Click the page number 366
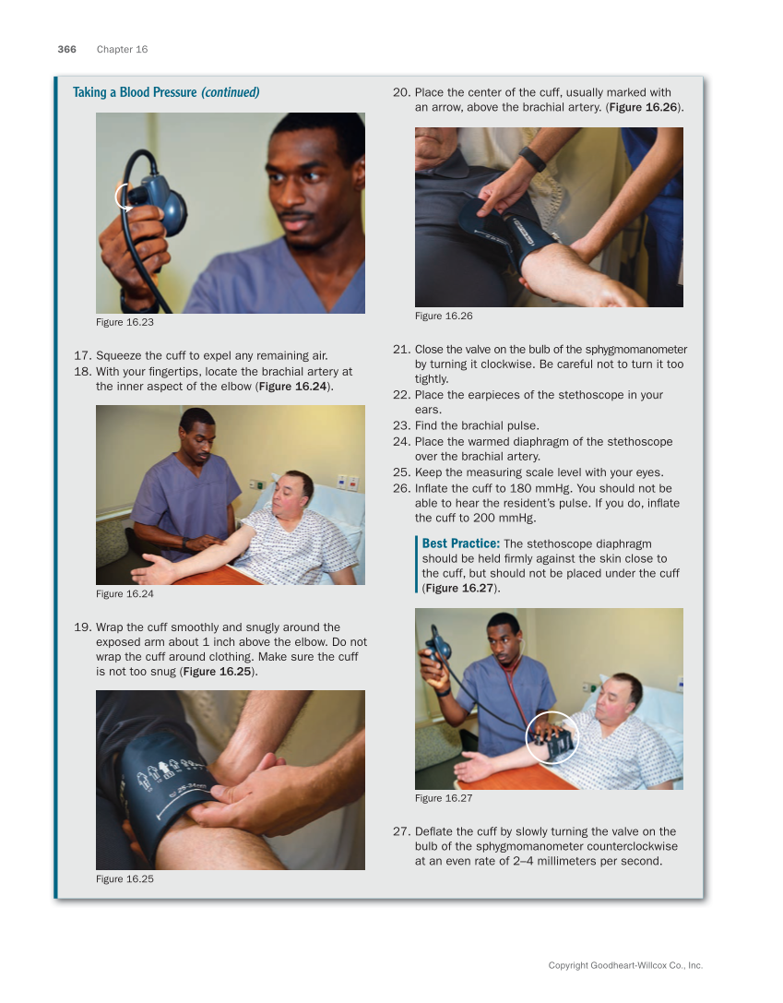click(67, 50)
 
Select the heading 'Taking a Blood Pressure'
click(135, 92)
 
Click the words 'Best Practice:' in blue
click(460, 543)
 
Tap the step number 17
click(81, 355)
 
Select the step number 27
click(400, 831)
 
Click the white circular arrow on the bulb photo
click(125, 197)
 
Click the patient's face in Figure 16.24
click(297, 490)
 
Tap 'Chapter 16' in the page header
click(122, 50)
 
